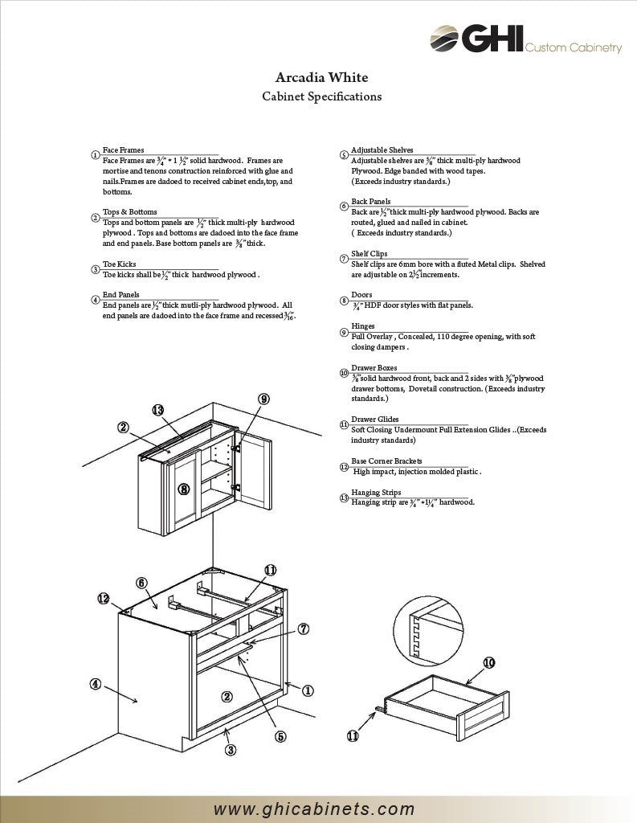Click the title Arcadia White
pos(321,78)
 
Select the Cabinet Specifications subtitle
pos(321,96)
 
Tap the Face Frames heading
pos(123,150)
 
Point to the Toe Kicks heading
pos(119,264)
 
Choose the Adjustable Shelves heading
pos(382,150)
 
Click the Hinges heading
pos(362,326)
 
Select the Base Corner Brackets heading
pos(386,461)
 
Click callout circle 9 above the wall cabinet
pos(263,399)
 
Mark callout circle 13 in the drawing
pos(158,411)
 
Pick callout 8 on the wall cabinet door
pos(184,488)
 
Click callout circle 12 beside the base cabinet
pos(104,598)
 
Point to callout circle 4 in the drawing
pos(96,684)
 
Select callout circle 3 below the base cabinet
pos(231,750)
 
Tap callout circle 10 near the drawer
pos(488,663)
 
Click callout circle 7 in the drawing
pos(304,629)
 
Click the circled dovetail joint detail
pos(429,632)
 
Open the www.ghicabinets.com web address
pos(314,809)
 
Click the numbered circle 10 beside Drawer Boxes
pos(344,373)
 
